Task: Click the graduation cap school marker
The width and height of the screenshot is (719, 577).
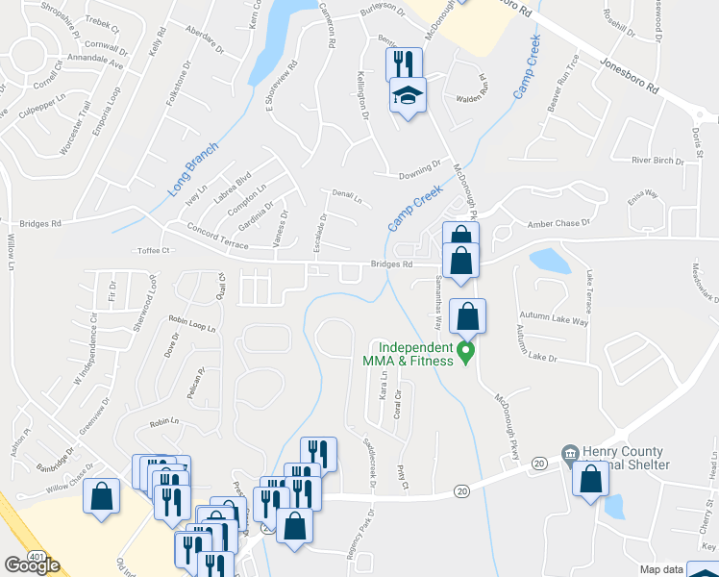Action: (407, 97)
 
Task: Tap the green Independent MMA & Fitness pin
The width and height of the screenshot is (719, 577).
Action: (466, 353)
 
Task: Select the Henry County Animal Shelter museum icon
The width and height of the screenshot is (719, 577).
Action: (570, 452)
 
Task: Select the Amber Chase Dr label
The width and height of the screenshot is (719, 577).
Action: (558, 223)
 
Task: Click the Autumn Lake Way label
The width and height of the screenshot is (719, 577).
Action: (554, 317)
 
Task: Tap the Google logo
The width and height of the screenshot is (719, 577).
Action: (32, 565)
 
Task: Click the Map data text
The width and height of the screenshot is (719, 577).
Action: (663, 569)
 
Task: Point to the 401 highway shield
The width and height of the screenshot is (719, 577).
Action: (37, 555)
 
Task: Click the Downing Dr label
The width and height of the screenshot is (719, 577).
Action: (419, 169)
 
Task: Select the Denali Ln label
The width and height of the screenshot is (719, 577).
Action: (347, 197)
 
